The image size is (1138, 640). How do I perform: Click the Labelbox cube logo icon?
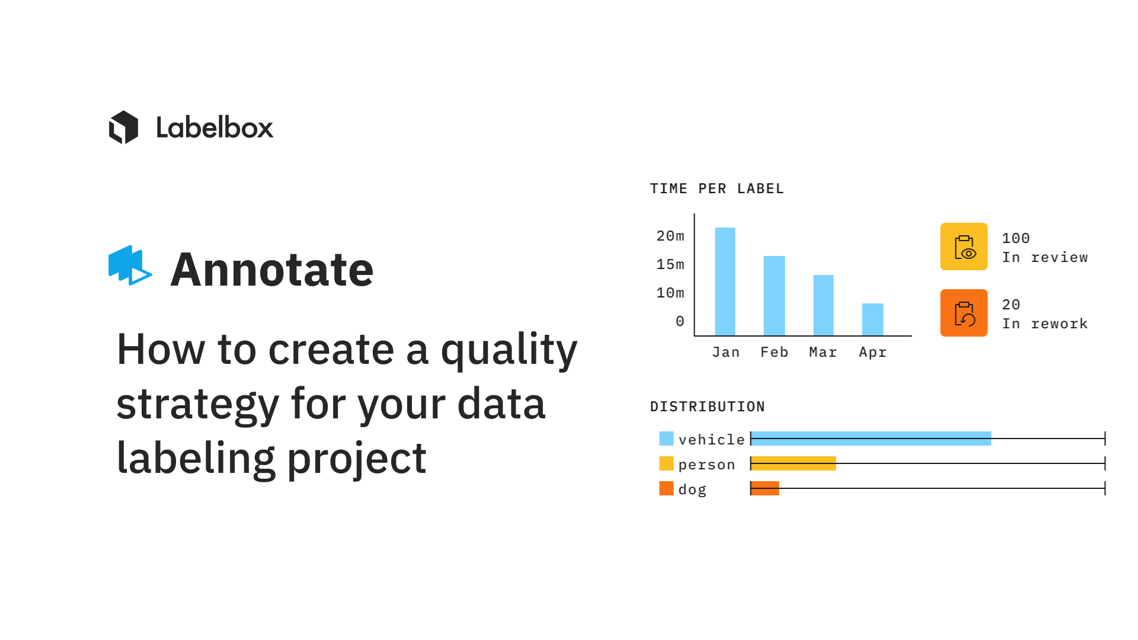pos(123,127)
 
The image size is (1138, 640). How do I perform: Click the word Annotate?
pos(272,270)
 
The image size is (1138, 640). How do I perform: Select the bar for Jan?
pos(725,281)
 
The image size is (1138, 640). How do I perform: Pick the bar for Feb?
pos(774,296)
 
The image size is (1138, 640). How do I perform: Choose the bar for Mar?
pos(823,305)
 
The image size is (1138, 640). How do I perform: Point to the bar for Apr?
pos(872,319)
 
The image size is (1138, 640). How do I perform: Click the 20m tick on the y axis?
pos(670,236)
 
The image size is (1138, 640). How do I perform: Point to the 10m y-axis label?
pos(670,293)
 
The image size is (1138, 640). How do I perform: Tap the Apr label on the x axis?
pos(872,353)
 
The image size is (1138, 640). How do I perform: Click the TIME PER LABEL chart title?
pos(717,188)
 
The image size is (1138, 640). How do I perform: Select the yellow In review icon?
pos(964,247)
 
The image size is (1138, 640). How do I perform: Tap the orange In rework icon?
pos(964,313)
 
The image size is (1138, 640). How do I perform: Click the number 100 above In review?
pos(1016,238)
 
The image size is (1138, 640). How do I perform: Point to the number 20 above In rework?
pos(1011,305)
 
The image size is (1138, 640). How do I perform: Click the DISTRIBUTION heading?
pos(707,407)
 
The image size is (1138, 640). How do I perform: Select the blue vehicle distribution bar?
pos(871,439)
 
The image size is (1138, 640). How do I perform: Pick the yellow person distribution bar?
pos(793,463)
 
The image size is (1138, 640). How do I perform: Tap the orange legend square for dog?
pos(666,488)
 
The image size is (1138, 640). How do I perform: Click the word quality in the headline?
pos(509,350)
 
